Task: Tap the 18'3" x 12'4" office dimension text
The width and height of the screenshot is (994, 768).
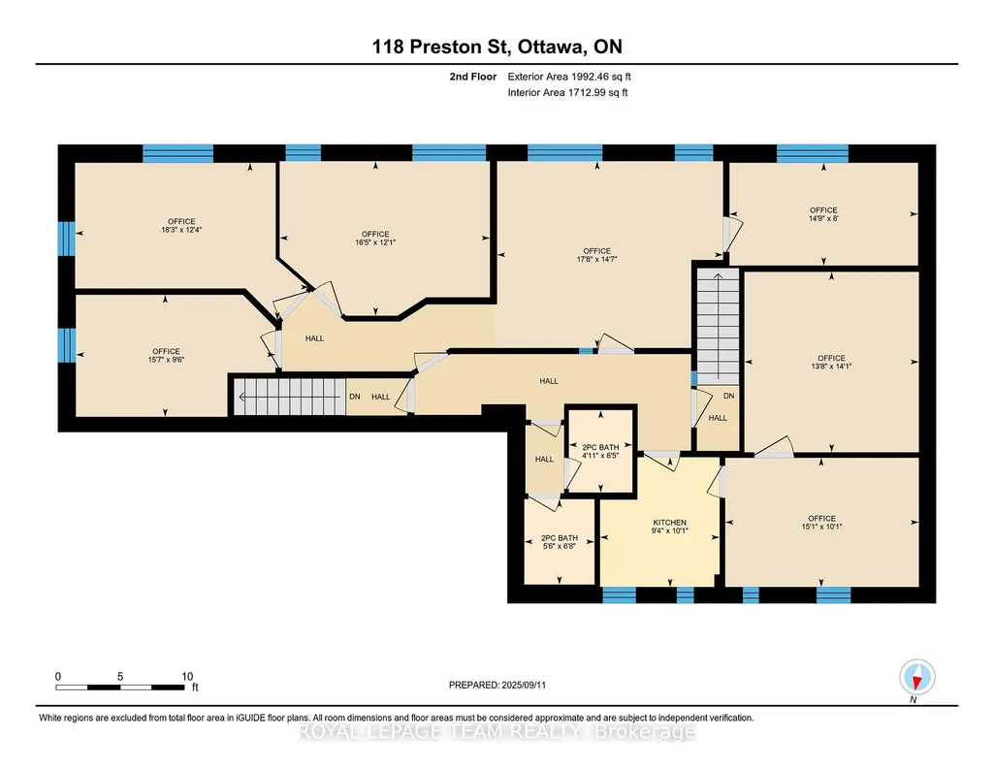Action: pos(181,230)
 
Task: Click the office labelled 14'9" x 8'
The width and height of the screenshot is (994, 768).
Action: pos(823,214)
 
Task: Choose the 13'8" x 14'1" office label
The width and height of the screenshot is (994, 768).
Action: pos(831,362)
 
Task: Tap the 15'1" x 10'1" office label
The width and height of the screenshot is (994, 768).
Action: pos(821,522)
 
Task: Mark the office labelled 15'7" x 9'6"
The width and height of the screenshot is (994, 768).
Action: pos(166,356)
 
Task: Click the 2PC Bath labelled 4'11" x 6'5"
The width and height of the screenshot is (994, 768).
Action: pos(600,451)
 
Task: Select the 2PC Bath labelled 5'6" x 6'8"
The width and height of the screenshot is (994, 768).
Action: pos(560,542)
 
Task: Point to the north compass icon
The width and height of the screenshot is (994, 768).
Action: pos(916,678)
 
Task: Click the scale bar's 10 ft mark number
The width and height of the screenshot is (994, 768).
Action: pos(187,676)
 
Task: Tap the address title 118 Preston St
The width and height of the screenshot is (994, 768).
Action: pos(441,47)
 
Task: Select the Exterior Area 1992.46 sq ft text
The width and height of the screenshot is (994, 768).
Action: pos(569,77)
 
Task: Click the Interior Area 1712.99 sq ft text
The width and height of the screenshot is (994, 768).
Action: pos(568,92)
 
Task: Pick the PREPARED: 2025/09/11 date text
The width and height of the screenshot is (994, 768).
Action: pos(497,685)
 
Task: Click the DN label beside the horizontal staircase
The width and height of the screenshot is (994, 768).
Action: pos(354,397)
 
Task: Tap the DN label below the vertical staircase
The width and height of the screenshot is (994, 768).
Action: pos(729,396)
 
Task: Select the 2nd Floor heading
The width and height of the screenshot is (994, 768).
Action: pos(473,77)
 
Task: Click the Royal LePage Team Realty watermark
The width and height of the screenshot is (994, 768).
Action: pos(497,732)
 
